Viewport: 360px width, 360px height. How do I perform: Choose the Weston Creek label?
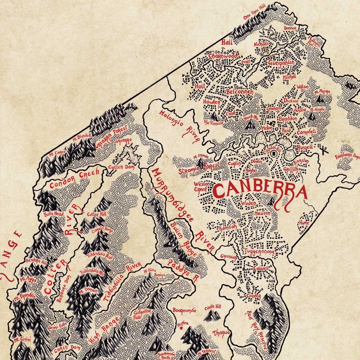click(201, 187)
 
